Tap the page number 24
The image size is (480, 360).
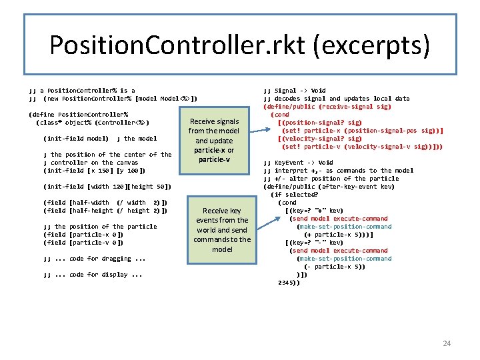tap(447, 343)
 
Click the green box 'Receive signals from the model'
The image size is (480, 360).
tap(214, 141)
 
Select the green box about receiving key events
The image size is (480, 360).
tap(221, 229)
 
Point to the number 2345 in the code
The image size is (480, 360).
tap(289, 283)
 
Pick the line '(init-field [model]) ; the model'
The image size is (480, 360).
tap(100, 139)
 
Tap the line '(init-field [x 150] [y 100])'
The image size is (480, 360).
tap(94, 171)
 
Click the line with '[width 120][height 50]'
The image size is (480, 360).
tap(107, 187)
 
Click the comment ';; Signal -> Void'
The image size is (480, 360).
tap(295, 91)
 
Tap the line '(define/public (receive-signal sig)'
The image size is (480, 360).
tap(327, 107)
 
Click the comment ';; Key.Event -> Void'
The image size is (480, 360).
tap(298, 163)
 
